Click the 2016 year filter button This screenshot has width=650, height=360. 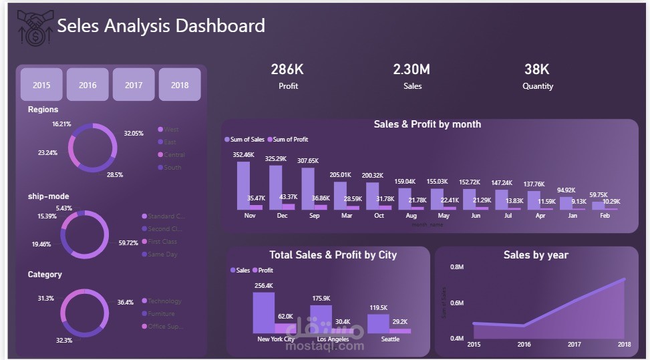[x=88, y=85]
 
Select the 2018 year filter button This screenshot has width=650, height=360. [x=180, y=85]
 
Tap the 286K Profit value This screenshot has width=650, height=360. [x=288, y=69]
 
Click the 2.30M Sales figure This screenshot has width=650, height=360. [x=412, y=69]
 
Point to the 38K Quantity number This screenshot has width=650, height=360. [x=537, y=69]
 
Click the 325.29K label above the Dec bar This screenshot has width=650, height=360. [x=276, y=159]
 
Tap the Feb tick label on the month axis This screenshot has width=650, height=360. [x=605, y=216]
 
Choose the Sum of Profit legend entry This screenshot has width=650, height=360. [x=288, y=140]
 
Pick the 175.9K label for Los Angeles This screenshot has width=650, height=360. [x=321, y=299]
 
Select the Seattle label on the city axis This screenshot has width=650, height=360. [x=390, y=339]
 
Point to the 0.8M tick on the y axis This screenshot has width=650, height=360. [x=457, y=267]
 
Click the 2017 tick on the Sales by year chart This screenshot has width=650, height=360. [x=575, y=344]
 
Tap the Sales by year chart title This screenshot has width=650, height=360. [x=536, y=254]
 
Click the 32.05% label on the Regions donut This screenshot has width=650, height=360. [x=134, y=133]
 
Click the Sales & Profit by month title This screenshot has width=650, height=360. [x=427, y=124]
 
